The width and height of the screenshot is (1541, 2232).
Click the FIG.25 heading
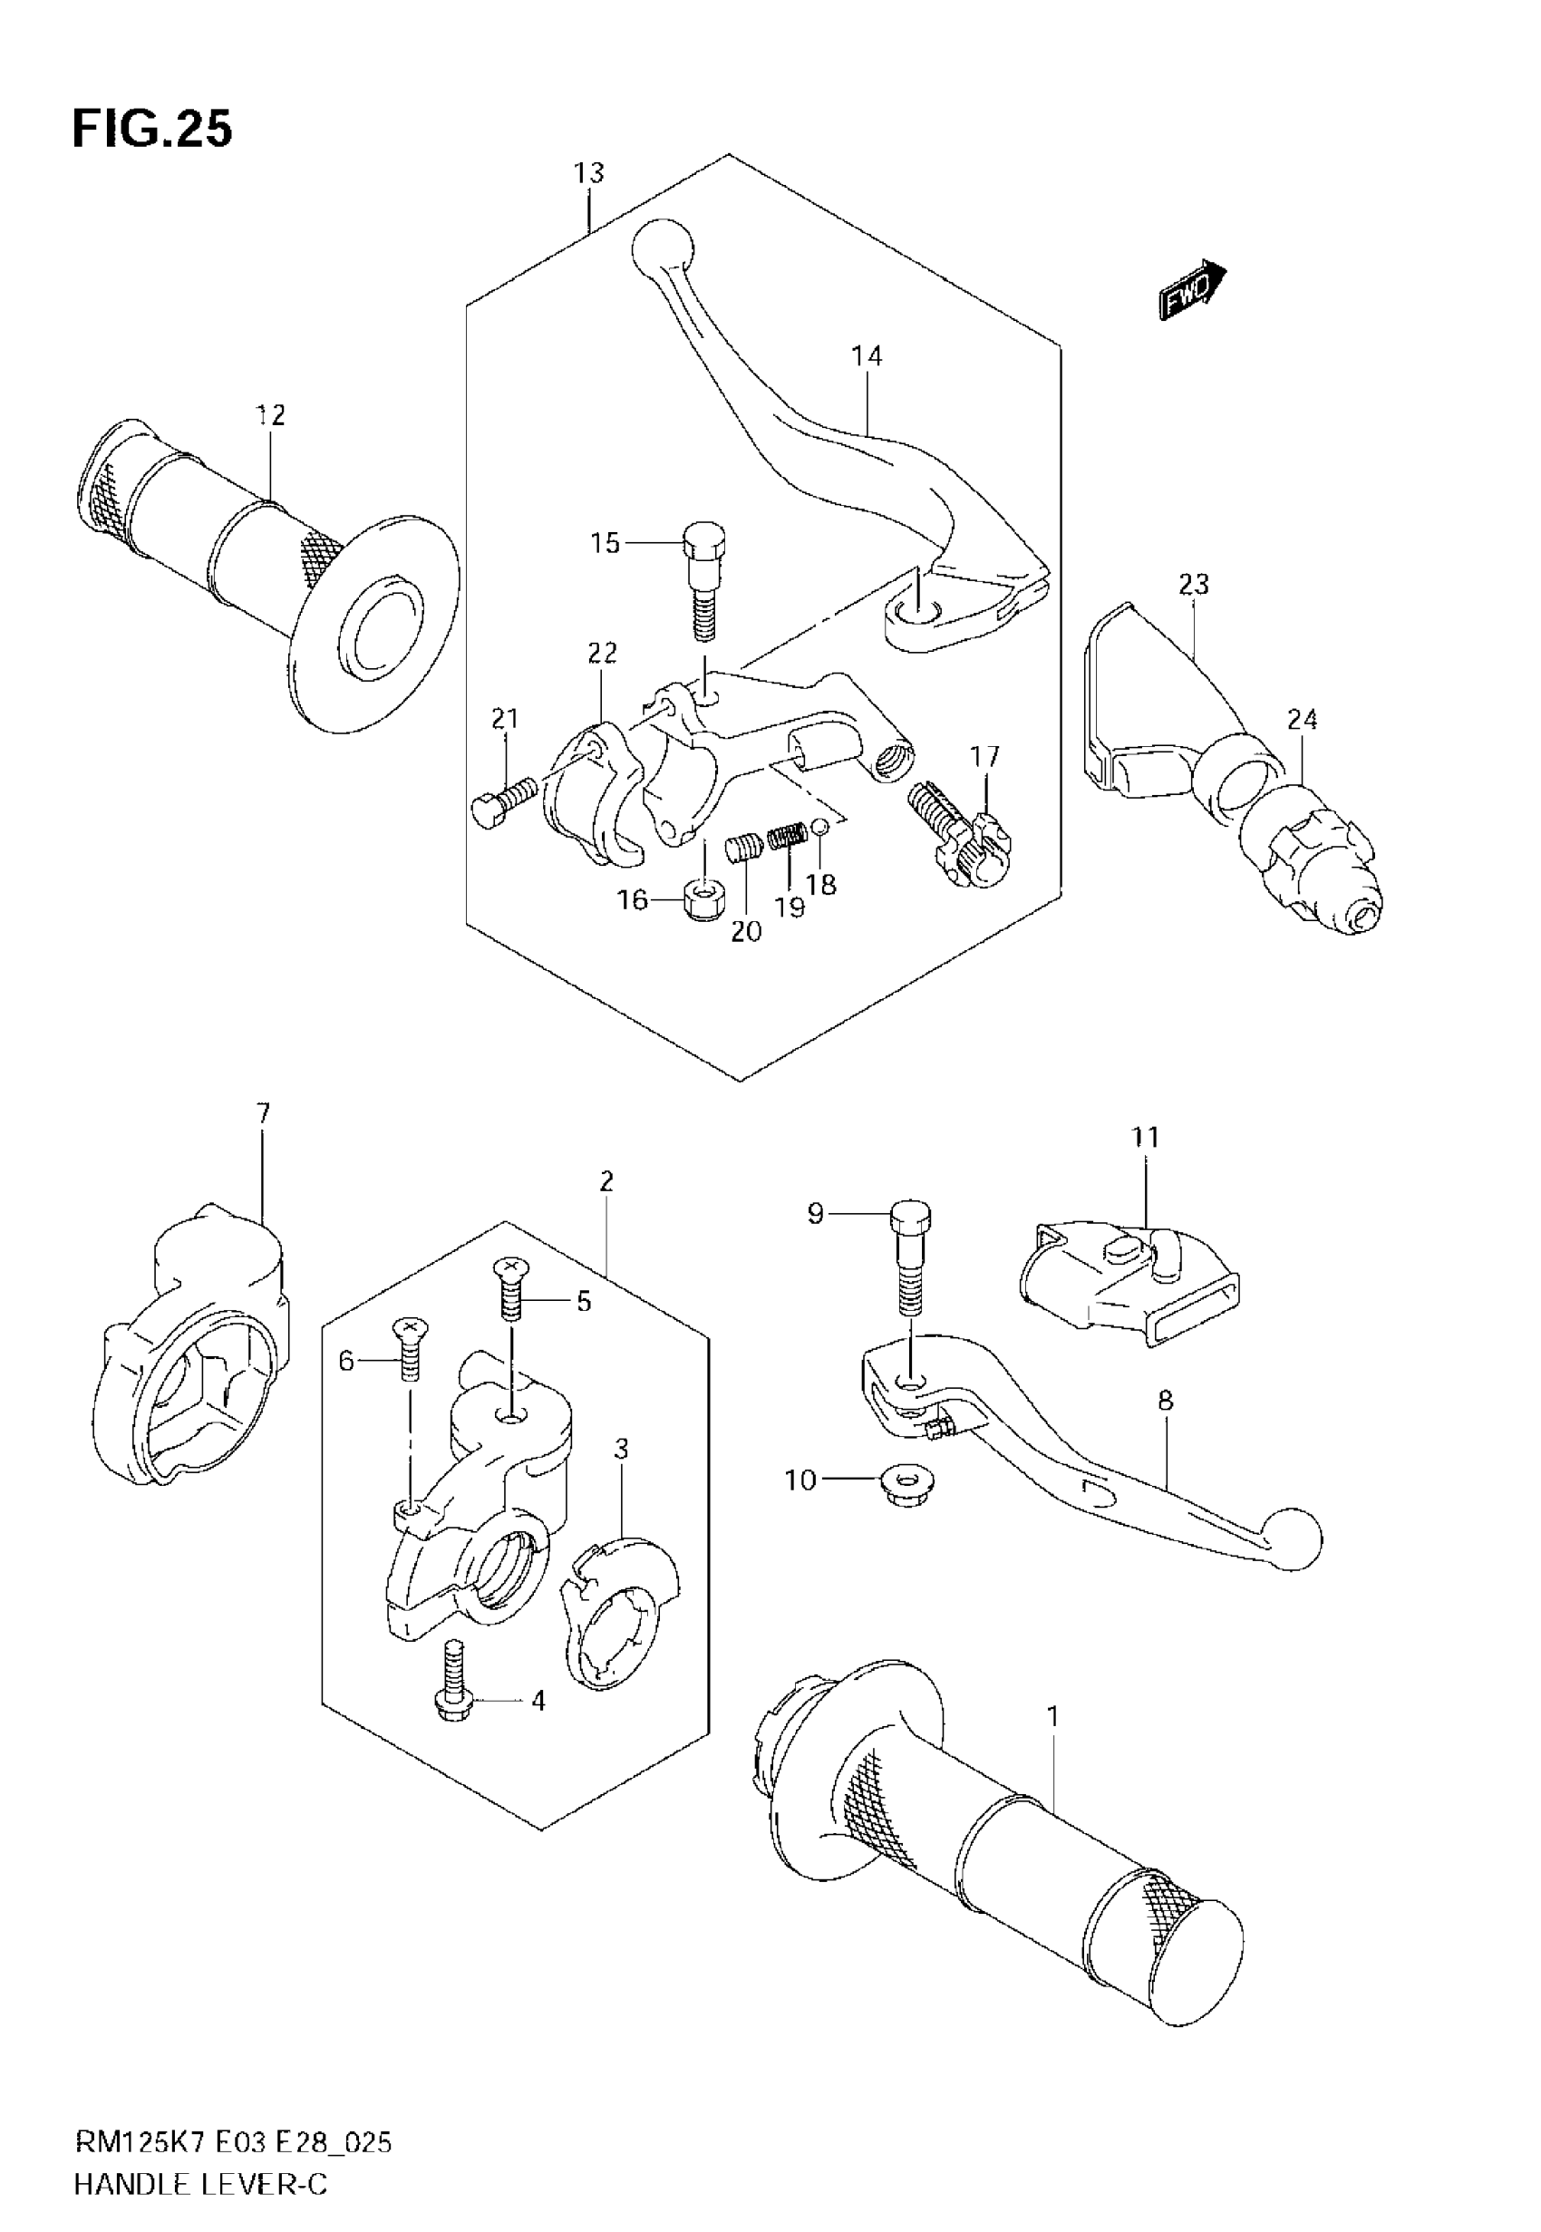[x=152, y=130]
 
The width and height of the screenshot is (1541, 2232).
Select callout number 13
[x=588, y=173]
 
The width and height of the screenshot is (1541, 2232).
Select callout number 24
[x=1302, y=719]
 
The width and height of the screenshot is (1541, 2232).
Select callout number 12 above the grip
[x=270, y=415]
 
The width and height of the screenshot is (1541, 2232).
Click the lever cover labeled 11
[x=1129, y=1284]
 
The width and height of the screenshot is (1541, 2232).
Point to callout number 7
[x=263, y=1113]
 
